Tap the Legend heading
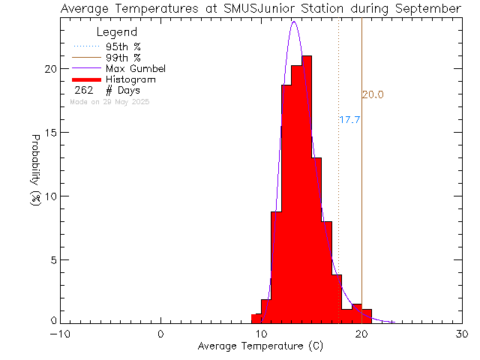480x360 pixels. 117,32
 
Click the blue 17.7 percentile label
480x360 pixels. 350,119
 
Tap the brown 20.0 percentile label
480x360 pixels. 373,94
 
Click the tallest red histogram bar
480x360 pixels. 307,187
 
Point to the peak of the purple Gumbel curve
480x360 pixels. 294,22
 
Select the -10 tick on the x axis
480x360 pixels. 61,334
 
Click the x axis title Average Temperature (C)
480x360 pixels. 261,346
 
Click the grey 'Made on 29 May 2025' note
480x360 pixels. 115,101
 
